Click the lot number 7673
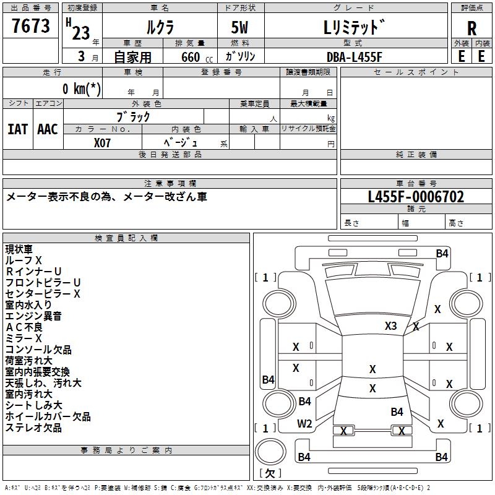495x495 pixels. pos(30,25)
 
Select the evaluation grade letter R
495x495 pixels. pos(471,28)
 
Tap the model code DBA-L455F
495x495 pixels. pos(354,57)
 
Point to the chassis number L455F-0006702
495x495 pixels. pos(416,197)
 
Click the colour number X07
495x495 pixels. pos(102,143)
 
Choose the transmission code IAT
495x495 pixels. pos(17,129)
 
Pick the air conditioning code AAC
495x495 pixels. pos(48,129)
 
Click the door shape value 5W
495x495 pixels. pos(239,27)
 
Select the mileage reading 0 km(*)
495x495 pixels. pos(82,88)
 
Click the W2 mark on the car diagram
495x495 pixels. pos(304,424)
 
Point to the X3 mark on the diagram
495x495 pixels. pos(390,325)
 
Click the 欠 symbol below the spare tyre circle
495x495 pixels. pos(270,473)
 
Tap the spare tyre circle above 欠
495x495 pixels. pos(270,452)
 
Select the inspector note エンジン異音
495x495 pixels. pos(33,316)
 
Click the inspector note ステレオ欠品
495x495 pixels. pos(33,428)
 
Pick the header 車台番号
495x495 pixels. pos(416,183)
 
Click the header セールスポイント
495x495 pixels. pos(416,72)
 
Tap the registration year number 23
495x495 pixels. pos(81,33)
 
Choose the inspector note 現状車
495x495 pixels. pos(19,249)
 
